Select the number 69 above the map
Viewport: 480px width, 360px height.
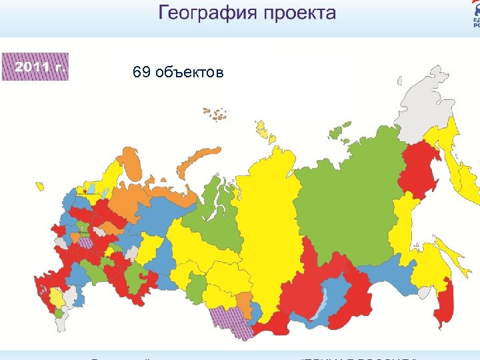[141, 73]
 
